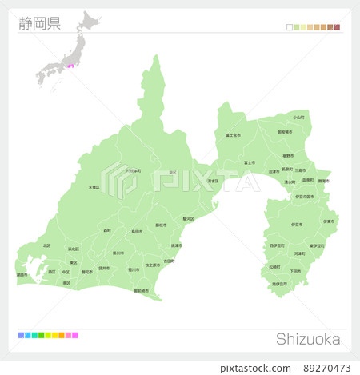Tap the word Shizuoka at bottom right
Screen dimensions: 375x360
[x=308, y=339]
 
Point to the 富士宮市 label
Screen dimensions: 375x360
[x=233, y=135]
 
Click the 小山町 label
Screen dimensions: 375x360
[x=298, y=118]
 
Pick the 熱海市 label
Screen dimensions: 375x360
[x=323, y=182]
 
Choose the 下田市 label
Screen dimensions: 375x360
[x=295, y=271]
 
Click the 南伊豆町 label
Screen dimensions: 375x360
[x=279, y=284]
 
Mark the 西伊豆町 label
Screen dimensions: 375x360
[x=277, y=245]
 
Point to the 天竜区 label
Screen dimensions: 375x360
[x=94, y=187]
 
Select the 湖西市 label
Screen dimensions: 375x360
[x=22, y=274]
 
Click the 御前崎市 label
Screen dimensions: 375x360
[x=140, y=290]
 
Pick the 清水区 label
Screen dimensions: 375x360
[x=213, y=182]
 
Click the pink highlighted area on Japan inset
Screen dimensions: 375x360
[x=70, y=66]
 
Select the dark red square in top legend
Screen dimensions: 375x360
[x=338, y=27]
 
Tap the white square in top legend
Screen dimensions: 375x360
[x=290, y=27]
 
